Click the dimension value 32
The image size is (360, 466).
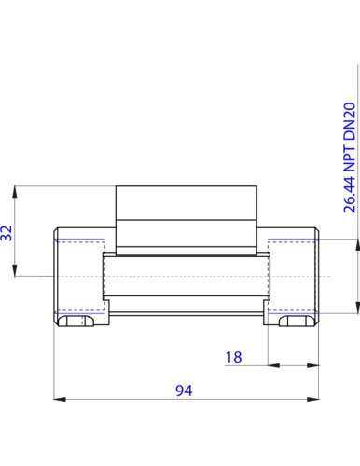coord(7,233)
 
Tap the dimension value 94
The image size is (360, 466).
coord(184,391)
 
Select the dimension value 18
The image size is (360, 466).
coord(234,357)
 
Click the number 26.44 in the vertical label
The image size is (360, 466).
coord(350,195)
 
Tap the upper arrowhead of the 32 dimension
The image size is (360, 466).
coord(15,192)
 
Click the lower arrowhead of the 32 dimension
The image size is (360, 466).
coord(15,270)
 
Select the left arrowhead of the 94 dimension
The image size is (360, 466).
coord(60,399)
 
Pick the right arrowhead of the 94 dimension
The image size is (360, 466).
coord(313,399)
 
